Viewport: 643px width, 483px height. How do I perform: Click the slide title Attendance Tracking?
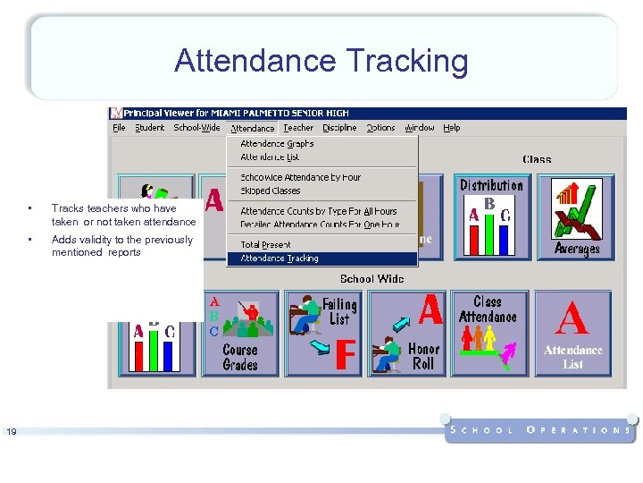click(321, 61)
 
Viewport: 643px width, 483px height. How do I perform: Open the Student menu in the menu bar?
click(149, 128)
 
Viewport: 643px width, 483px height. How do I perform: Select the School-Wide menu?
click(196, 128)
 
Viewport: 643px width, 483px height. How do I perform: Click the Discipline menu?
click(339, 128)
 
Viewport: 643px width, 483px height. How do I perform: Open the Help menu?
click(452, 128)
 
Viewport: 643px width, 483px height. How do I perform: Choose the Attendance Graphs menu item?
click(277, 144)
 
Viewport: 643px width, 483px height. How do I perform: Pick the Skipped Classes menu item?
click(270, 191)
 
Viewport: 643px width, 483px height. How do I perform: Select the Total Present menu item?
click(265, 244)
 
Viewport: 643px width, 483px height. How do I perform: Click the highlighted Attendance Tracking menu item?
click(279, 258)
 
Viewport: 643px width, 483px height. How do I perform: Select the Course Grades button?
click(239, 333)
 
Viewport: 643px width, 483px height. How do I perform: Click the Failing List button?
click(323, 333)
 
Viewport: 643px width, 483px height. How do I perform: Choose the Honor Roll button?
click(408, 333)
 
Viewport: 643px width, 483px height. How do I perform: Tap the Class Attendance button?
click(489, 333)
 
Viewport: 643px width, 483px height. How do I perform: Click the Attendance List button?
click(572, 333)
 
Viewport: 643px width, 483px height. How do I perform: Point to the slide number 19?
click(11, 432)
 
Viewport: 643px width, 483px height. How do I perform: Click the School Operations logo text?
click(540, 429)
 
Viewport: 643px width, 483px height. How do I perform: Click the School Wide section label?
click(372, 279)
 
